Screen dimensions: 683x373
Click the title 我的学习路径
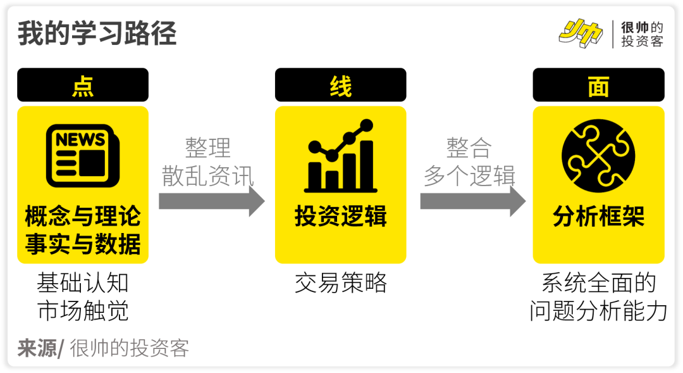coord(97,34)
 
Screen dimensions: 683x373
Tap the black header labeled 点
coord(83,85)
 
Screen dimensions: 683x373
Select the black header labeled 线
coord(340,85)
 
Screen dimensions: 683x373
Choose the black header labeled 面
coord(598,85)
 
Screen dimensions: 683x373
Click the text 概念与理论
coord(83,217)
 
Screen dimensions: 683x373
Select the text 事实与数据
coord(83,244)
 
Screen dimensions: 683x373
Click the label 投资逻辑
coord(340,217)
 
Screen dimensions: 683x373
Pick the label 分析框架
coord(598,217)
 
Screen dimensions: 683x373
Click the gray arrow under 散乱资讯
coord(211,201)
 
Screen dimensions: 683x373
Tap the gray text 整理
coord(207,148)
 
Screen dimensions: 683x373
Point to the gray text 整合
coord(469,148)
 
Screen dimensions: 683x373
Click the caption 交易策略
coord(340,283)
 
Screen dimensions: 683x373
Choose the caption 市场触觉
coord(83,311)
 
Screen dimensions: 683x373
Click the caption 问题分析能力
coord(598,311)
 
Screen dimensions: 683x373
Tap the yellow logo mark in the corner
coord(580,33)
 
